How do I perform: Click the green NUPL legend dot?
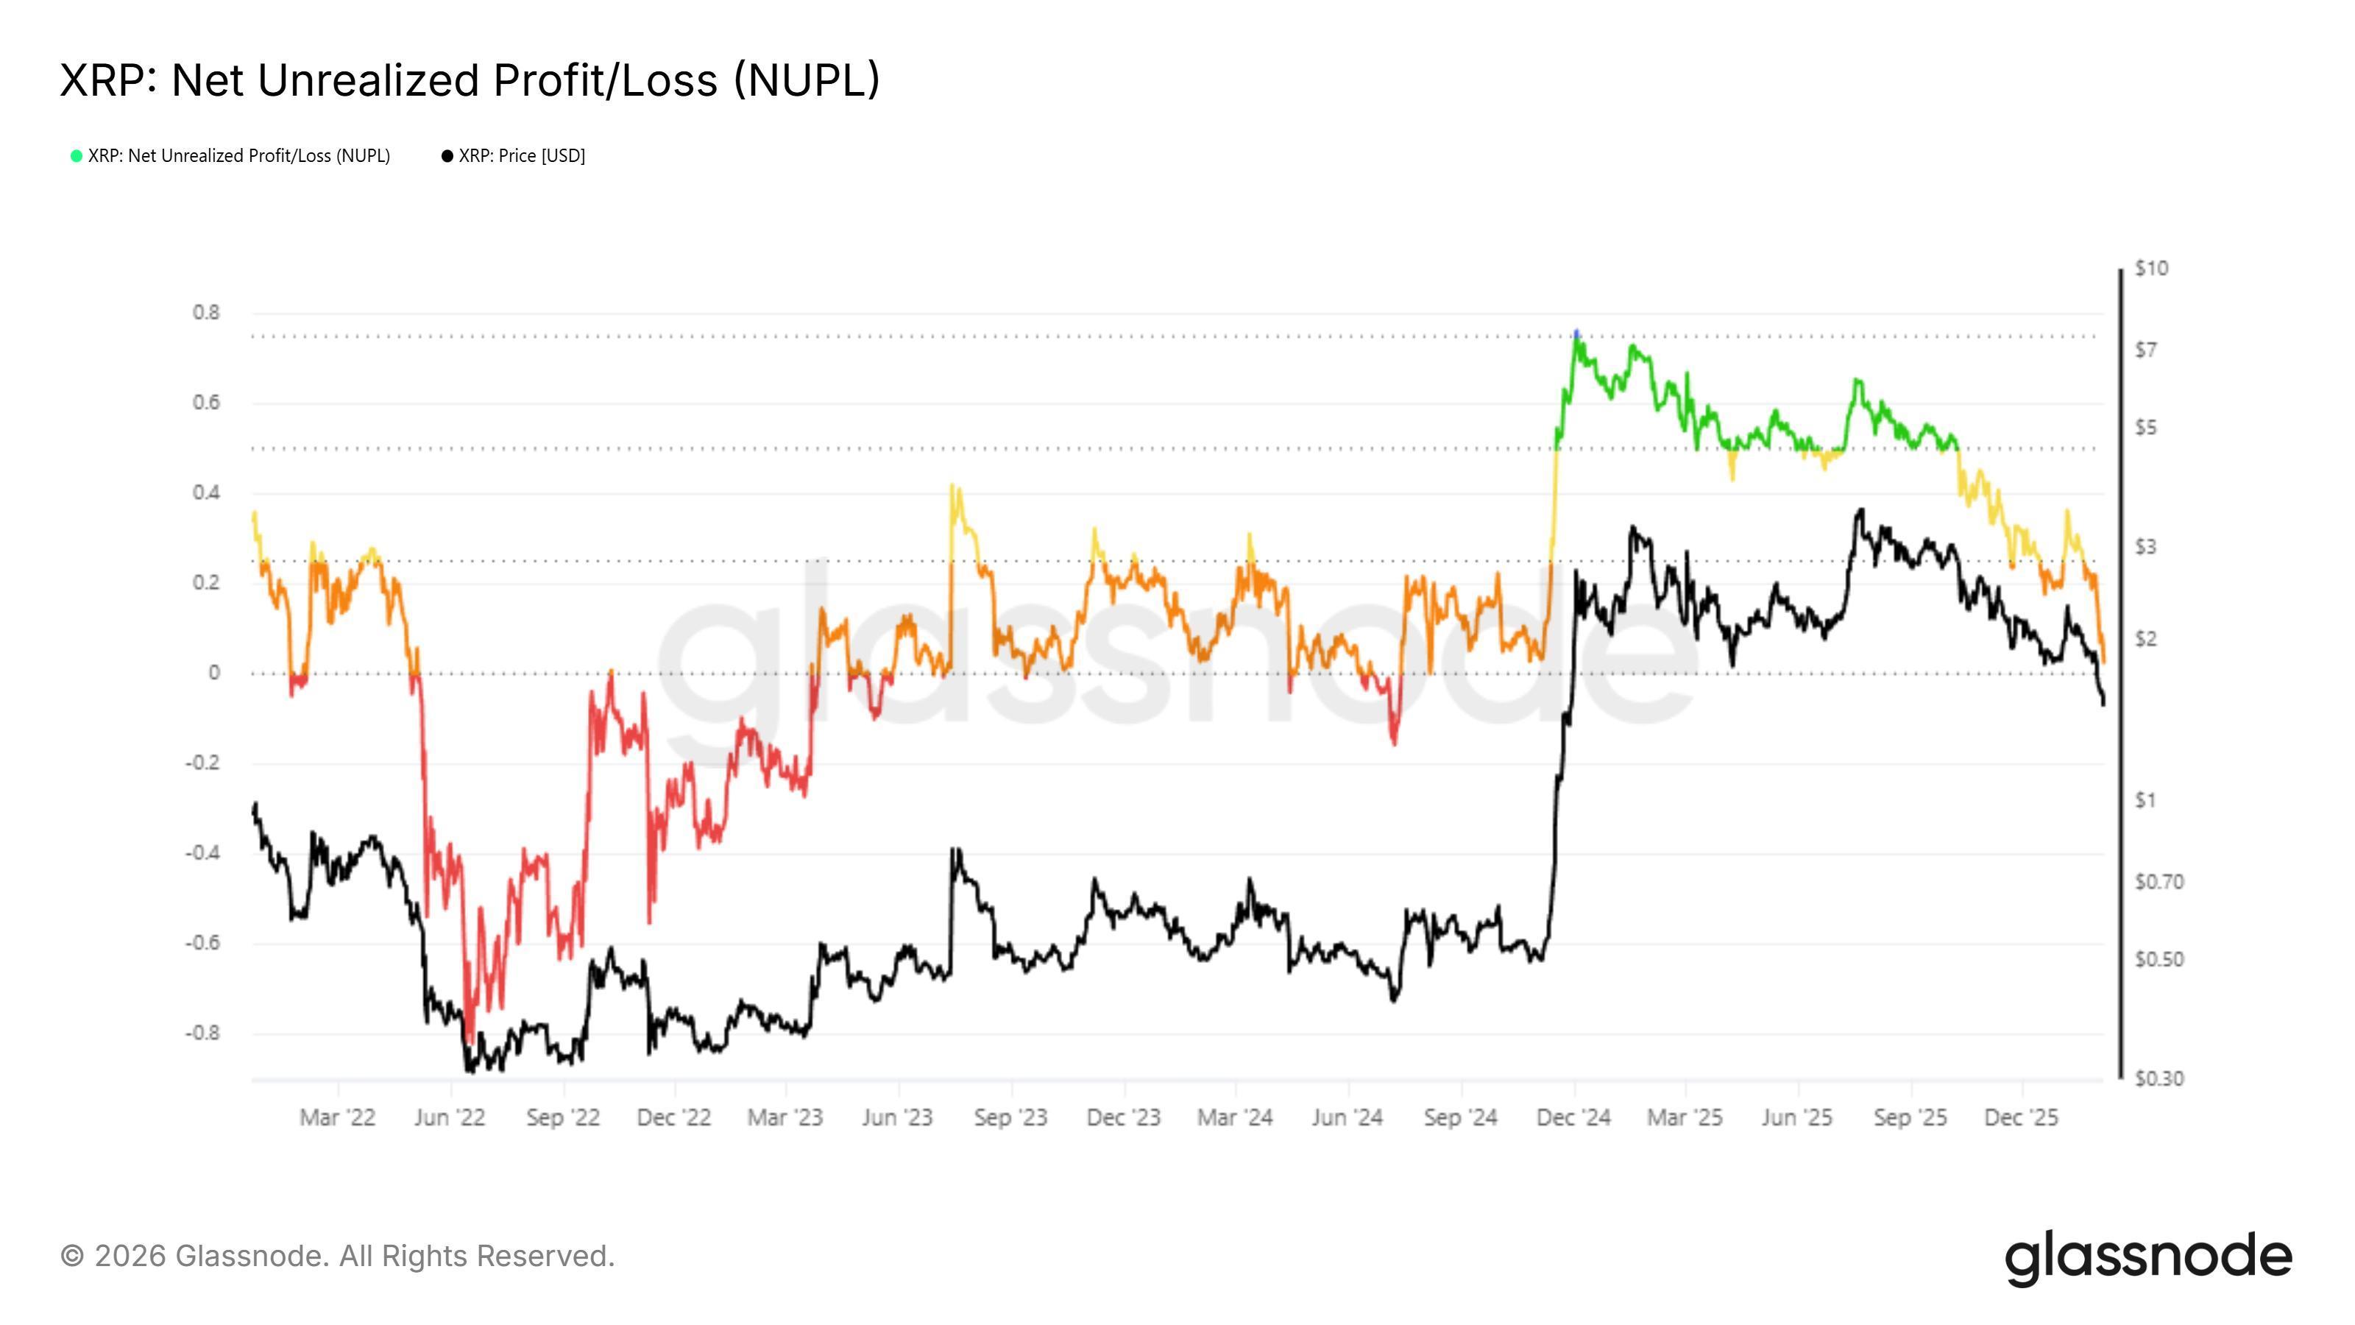77,156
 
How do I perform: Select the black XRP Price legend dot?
447,156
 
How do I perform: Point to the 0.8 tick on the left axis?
207,313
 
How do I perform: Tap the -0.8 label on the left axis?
203,1033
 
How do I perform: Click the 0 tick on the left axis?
214,673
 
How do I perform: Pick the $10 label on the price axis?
2151,269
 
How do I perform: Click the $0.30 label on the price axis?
2159,1079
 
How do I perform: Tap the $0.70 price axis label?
2159,883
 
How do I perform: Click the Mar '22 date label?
337,1117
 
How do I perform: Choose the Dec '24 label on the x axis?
1573,1117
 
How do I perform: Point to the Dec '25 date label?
2022,1117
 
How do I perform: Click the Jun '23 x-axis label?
897,1117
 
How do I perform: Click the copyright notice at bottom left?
337,1257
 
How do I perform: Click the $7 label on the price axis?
2146,350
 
